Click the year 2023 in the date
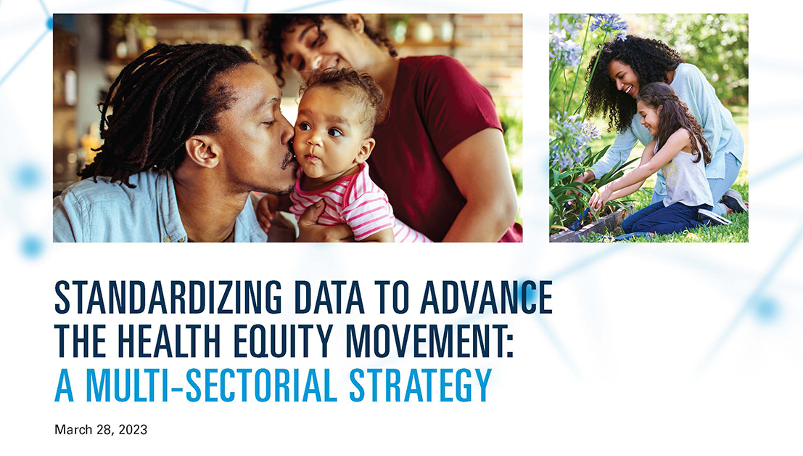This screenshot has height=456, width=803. tap(132, 430)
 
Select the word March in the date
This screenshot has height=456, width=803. tap(72, 430)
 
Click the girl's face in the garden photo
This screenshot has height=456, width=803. tap(649, 116)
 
